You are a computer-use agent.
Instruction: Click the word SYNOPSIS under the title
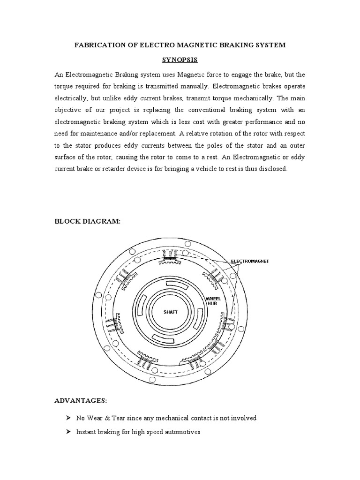(x=180, y=60)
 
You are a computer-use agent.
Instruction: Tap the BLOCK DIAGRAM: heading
(x=88, y=221)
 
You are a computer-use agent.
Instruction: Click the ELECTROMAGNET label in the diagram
(x=250, y=261)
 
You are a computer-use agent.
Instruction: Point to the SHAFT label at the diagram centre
(x=170, y=312)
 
